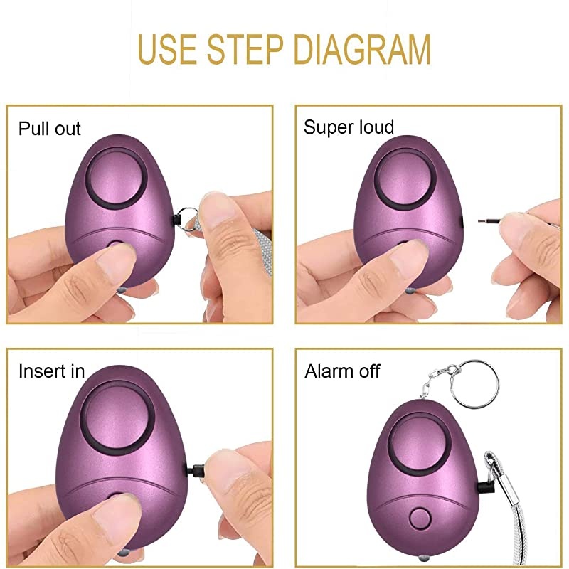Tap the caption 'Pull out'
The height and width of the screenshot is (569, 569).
pyautogui.click(x=50, y=129)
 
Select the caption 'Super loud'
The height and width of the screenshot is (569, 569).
pyautogui.click(x=349, y=128)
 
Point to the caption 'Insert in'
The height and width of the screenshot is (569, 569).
pyautogui.click(x=51, y=371)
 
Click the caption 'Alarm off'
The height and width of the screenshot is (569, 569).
pyautogui.click(x=342, y=371)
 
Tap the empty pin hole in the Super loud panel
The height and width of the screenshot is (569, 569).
pyautogui.click(x=462, y=221)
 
